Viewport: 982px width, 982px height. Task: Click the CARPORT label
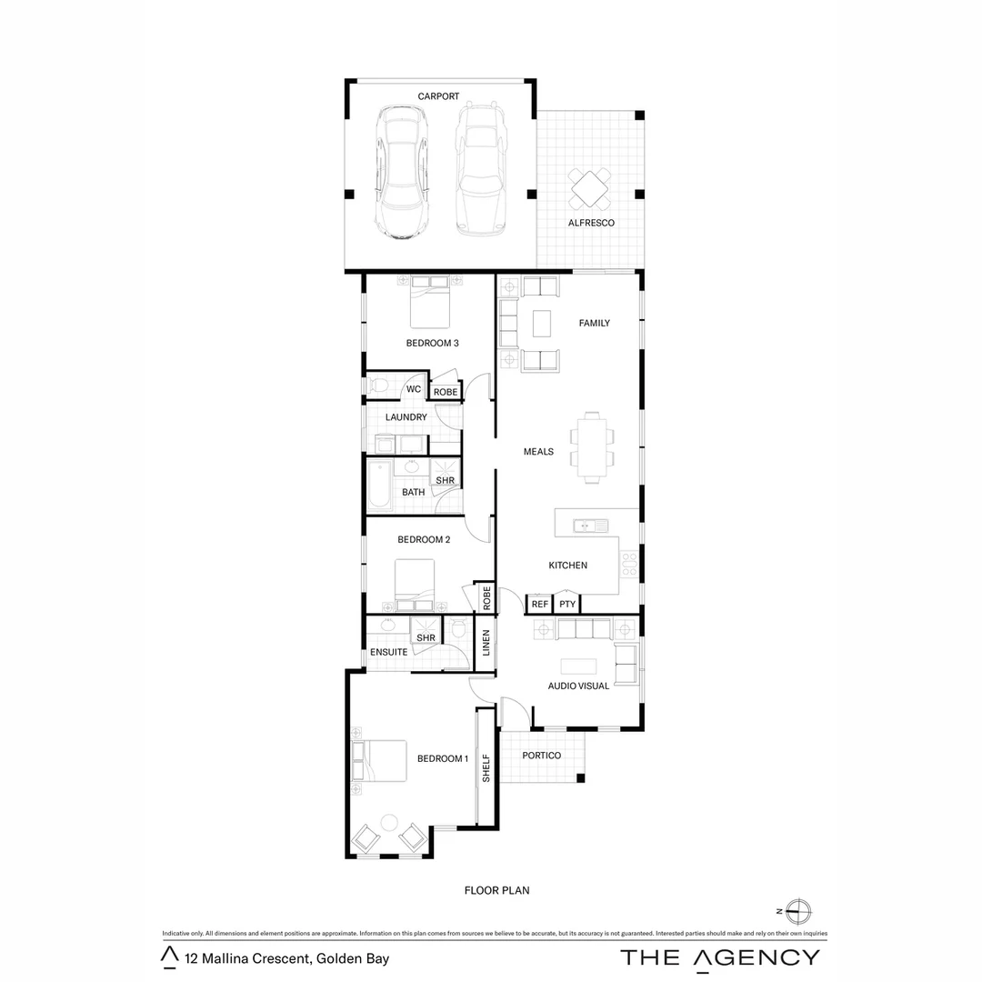point(438,96)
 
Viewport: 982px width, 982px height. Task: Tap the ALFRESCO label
point(591,223)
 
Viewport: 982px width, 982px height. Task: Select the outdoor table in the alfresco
point(591,188)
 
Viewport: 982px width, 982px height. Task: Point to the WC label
point(414,390)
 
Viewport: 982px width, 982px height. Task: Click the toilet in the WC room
point(378,386)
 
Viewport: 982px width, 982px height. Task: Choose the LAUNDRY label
point(406,417)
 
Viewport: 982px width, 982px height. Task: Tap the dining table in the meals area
point(592,447)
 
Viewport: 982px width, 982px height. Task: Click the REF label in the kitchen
point(539,604)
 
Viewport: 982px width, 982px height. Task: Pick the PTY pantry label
point(567,604)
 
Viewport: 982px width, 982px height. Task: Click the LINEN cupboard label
point(486,643)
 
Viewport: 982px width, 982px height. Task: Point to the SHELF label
point(486,767)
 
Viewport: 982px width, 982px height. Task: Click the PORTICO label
point(542,756)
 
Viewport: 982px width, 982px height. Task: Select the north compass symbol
point(797,910)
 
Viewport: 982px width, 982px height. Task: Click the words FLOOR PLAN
point(496,890)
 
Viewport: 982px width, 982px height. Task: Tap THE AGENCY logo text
point(719,957)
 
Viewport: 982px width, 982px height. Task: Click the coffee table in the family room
point(542,323)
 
